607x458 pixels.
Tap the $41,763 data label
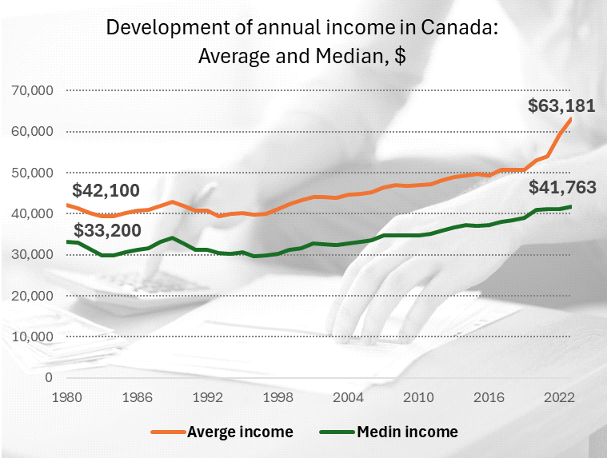pos(561,188)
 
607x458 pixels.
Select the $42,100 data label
pos(106,191)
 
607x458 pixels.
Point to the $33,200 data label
pos(106,231)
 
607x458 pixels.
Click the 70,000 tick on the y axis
pos(33,90)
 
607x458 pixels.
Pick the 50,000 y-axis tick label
pos(33,173)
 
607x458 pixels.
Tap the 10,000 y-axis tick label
pos(33,337)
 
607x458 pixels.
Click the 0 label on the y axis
pos(48,377)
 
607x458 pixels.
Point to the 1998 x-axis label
pos(276,396)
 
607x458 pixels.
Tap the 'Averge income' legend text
pos(240,432)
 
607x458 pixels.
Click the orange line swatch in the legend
pos(167,432)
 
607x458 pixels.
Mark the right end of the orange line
pos(571,119)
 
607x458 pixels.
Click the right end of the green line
pos(571,206)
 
